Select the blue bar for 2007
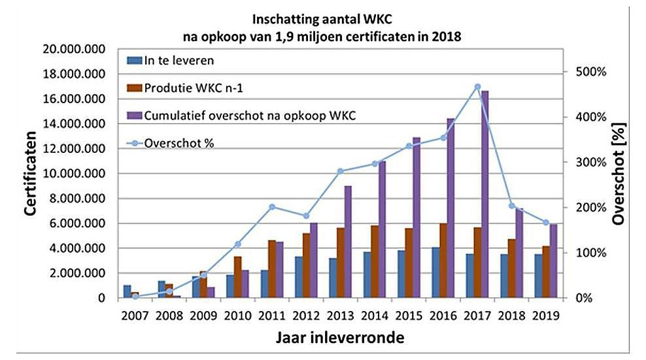(127, 291)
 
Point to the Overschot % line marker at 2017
(477, 87)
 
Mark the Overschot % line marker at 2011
(273, 207)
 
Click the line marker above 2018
(511, 206)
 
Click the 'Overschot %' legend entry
(180, 142)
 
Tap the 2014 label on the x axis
(375, 315)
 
